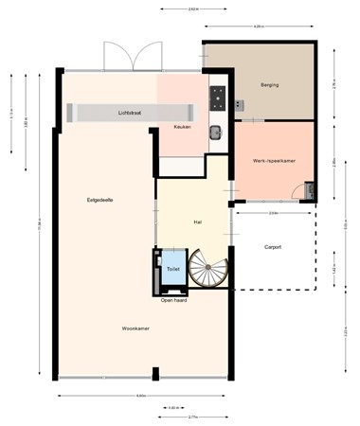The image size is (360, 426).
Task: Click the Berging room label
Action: [269, 85]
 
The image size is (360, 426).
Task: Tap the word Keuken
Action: [183, 126]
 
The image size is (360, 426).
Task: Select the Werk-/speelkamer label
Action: [274, 161]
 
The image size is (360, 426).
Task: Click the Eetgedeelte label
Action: [100, 200]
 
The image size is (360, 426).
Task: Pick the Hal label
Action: [197, 222]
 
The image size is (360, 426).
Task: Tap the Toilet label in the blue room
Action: [172, 269]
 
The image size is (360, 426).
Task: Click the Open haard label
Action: [173, 300]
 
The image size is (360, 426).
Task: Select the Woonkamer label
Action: [136, 328]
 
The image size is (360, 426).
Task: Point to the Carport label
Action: [273, 247]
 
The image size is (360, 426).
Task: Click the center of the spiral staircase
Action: [207, 268]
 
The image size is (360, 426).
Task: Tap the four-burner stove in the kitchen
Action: [217, 96]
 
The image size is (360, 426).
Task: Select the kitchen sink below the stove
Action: [215, 133]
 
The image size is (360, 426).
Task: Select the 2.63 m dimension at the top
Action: [193, 9]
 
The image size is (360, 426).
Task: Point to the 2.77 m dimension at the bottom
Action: [192, 417]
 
